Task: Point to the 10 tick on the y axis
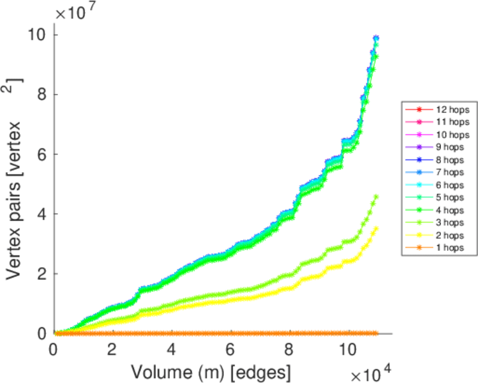36,34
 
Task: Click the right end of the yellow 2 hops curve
376,228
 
